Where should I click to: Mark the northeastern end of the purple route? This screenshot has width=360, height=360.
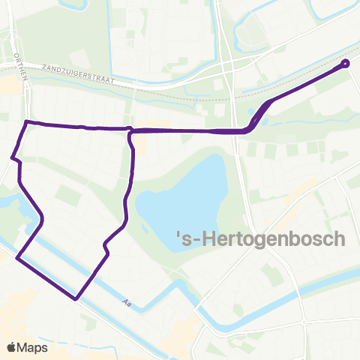pos(346,63)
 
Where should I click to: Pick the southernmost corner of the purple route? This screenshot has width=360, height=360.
pos(76,298)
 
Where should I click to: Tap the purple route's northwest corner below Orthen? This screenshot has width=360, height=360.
pos(27,121)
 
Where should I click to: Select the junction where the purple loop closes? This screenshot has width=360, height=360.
pos(131,130)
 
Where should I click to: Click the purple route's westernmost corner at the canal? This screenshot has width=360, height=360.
pos(16,258)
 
